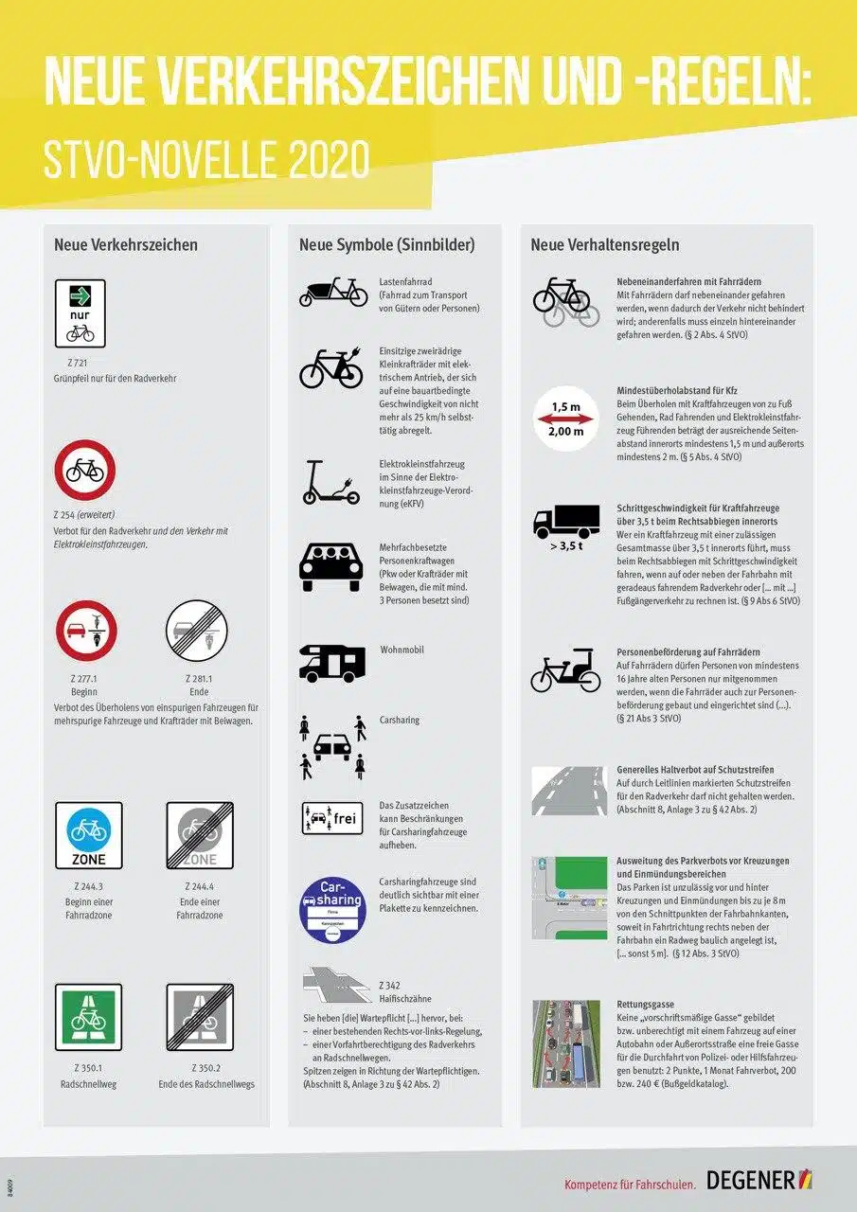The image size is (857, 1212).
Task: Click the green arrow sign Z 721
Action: [x=80, y=313]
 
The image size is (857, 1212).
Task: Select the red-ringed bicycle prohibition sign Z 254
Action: [x=85, y=470]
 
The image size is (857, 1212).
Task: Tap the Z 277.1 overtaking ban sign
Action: [x=85, y=631]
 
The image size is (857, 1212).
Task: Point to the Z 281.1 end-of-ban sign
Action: [x=196, y=631]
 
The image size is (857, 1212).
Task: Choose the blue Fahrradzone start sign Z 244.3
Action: [x=88, y=835]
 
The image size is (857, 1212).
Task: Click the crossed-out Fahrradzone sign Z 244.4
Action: [x=199, y=835]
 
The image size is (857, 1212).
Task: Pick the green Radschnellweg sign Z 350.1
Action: [x=88, y=1018]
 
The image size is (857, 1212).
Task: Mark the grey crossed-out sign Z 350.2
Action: [x=199, y=1018]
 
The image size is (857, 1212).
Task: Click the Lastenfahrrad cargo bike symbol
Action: [x=333, y=292]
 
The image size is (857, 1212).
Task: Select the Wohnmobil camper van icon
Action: [x=331, y=663]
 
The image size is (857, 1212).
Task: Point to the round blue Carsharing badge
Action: [x=331, y=910]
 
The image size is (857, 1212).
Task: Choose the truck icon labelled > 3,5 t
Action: [x=566, y=521]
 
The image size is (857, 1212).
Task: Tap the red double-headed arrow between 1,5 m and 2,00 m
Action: [x=565, y=419]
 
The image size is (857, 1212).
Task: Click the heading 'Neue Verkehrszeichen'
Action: [x=126, y=244]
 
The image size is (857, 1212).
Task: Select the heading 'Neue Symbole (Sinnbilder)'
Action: [x=386, y=244]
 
